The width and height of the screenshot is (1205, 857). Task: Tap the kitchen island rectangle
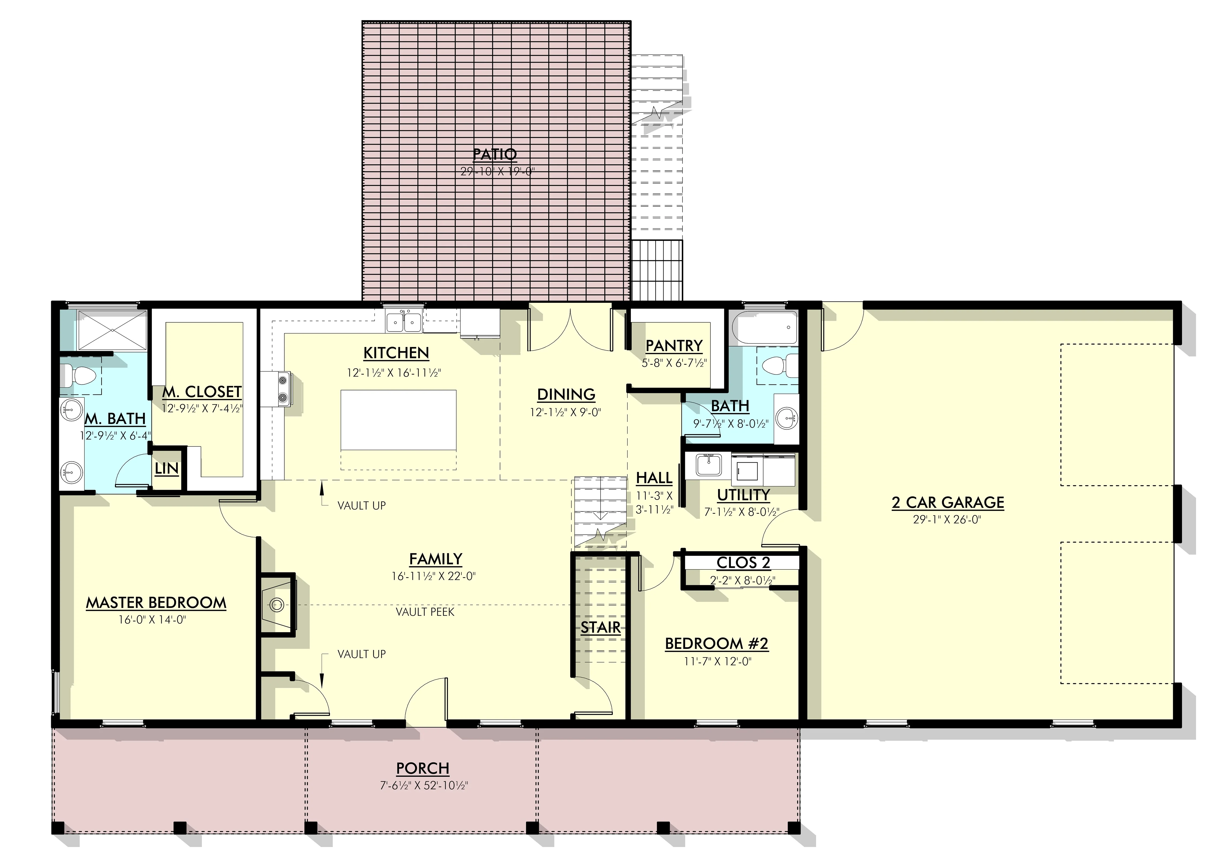[x=398, y=420]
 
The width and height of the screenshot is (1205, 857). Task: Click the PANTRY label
[x=674, y=346]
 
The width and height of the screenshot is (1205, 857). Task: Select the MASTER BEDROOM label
[x=156, y=603]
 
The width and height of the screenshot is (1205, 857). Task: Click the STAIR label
[x=601, y=628]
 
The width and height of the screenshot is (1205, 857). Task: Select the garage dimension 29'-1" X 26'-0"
[x=947, y=519]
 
